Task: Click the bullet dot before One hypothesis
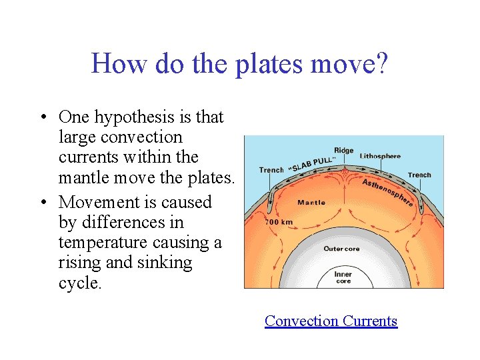coord(42,118)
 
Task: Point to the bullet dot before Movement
coord(42,203)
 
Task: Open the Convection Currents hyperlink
coord(331,321)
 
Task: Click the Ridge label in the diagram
coord(343,151)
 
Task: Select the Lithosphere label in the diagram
coord(381,157)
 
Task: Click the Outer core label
coord(341,249)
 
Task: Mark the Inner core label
coord(343,277)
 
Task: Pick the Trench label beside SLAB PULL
coord(271,170)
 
